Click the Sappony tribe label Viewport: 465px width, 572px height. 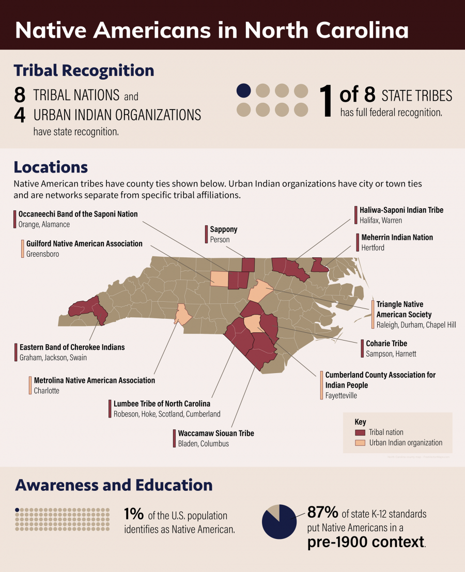click(x=224, y=229)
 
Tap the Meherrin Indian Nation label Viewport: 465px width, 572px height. click(x=397, y=238)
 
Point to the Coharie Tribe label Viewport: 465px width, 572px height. click(x=386, y=344)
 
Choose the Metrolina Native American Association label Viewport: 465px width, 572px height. click(x=94, y=380)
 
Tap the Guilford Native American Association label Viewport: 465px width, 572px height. click(x=84, y=243)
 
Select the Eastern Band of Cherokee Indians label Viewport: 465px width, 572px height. click(x=72, y=347)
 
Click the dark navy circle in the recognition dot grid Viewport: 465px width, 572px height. click(x=244, y=91)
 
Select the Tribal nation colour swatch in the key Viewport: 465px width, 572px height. click(x=360, y=432)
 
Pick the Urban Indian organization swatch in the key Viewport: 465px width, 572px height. click(x=360, y=443)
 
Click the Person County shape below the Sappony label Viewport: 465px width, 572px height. click(x=248, y=264)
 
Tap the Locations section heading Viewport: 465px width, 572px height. click(x=51, y=167)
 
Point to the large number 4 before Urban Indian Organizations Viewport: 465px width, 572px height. click(x=20, y=115)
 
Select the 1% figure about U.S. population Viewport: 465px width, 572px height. click(x=133, y=514)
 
